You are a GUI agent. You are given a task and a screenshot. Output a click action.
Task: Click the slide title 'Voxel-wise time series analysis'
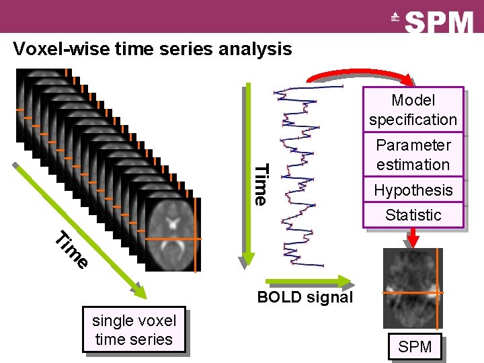(x=153, y=49)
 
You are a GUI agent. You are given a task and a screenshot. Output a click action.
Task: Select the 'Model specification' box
(x=413, y=110)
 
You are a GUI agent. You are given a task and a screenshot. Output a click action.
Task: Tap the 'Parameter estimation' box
(x=413, y=155)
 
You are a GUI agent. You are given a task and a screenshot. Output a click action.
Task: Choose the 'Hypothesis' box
(x=413, y=190)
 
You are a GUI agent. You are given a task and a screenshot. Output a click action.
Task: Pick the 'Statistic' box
(x=413, y=215)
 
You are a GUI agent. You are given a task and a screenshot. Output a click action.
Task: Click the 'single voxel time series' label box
(x=134, y=330)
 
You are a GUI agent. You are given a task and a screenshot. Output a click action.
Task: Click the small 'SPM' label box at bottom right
(x=415, y=348)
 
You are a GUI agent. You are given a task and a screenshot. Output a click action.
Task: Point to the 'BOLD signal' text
(x=305, y=297)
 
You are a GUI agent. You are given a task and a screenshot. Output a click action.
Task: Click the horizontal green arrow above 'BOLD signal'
(x=308, y=280)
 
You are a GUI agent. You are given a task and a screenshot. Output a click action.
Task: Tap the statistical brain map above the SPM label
(x=413, y=289)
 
